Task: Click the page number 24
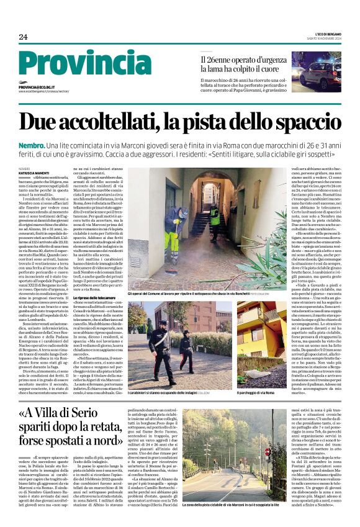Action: (x=23, y=37)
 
